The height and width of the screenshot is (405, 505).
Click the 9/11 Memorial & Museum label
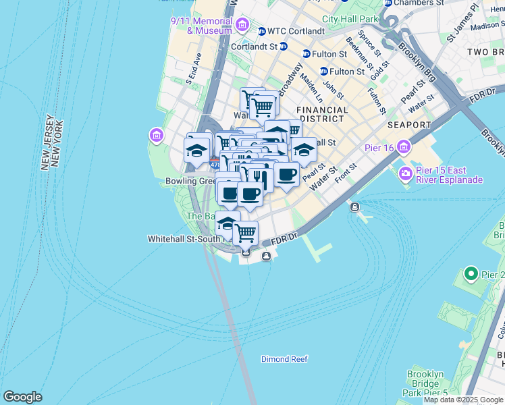(201, 26)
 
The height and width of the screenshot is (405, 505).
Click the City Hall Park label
(350, 19)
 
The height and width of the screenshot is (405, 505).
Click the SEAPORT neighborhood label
(409, 125)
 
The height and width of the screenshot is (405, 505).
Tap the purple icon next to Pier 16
(404, 146)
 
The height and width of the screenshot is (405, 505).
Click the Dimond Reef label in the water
(285, 359)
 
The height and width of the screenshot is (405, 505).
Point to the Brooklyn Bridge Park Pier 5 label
(425, 383)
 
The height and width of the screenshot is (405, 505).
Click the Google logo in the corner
(22, 397)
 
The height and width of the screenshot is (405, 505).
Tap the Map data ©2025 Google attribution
(463, 400)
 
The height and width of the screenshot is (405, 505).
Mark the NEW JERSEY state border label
(47, 142)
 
